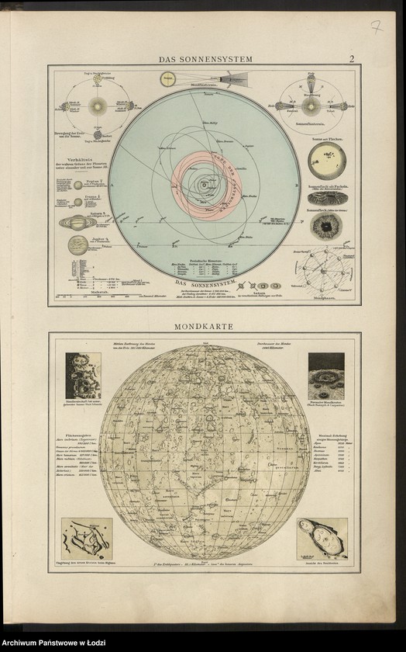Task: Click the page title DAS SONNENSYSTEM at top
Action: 205,59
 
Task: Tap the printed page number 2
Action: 351,59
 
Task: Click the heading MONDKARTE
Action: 205,327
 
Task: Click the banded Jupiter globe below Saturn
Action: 77,245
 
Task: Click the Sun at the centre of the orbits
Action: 204,185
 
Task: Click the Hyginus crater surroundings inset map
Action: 86,538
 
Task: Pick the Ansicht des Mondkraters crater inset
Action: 322,538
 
